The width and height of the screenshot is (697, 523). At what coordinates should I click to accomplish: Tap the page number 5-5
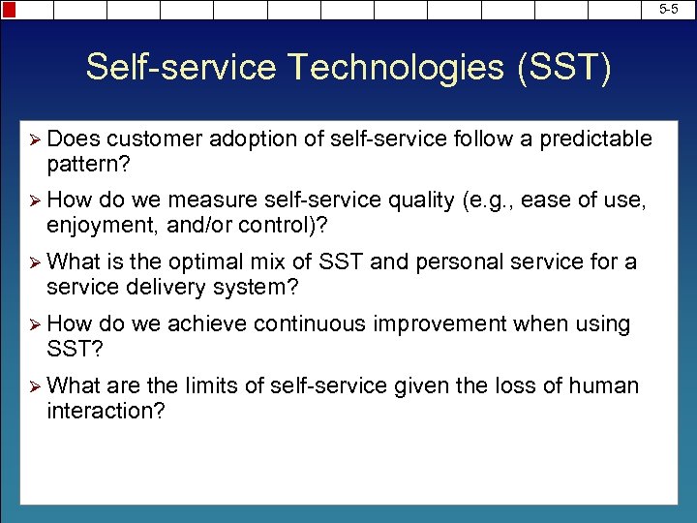[669, 8]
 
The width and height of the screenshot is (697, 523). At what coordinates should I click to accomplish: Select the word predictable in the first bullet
[594, 138]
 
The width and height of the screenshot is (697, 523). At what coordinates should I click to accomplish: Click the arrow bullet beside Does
[35, 139]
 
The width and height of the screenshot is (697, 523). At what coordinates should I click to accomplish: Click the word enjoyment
[100, 225]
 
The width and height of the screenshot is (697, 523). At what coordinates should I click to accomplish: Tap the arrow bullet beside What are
[35, 386]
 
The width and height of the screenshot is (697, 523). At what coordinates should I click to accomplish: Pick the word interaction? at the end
[106, 411]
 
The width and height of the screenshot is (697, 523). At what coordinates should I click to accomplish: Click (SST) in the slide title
[561, 69]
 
